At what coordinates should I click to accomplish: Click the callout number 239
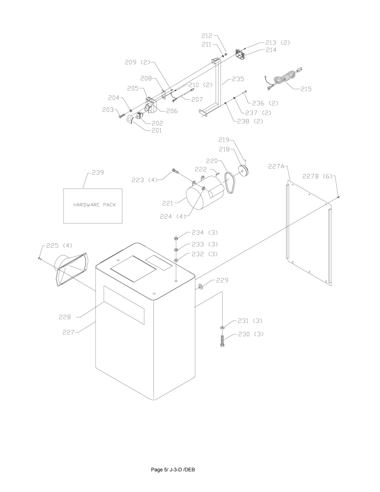98,173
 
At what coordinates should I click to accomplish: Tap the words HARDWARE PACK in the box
94,205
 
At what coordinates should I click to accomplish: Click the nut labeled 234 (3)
175,239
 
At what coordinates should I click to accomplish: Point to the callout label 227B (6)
317,176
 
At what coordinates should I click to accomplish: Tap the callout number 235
238,79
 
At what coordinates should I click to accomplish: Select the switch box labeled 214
241,55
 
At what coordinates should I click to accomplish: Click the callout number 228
65,317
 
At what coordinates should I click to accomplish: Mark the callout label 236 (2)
265,103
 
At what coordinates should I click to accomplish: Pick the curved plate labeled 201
130,120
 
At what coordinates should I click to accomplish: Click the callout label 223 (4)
145,180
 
